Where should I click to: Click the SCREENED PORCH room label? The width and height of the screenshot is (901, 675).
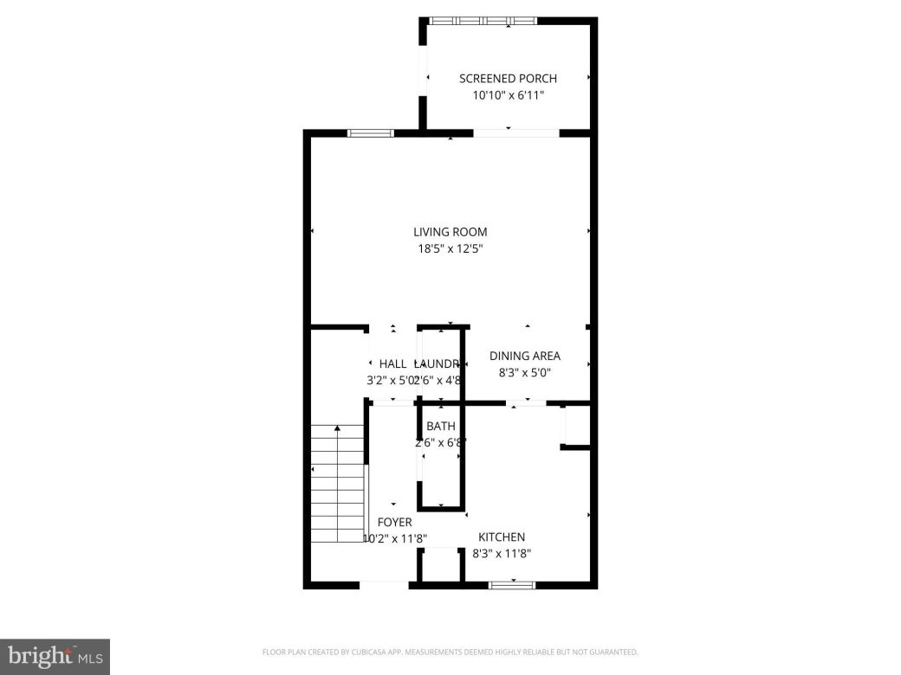point(508,79)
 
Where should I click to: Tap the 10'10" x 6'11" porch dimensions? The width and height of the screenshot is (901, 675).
point(508,96)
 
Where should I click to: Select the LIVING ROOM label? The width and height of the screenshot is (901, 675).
point(450,232)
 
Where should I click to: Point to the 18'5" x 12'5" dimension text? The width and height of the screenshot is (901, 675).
point(450,249)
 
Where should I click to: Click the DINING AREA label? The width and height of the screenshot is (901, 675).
point(525,356)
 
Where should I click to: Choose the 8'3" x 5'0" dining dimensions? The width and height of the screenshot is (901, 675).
point(525,373)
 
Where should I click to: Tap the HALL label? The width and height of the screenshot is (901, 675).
point(392,364)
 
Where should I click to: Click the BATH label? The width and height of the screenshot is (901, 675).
point(441,427)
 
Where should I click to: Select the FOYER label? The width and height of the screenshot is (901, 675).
point(394,523)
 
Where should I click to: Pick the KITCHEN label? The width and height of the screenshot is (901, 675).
point(502,537)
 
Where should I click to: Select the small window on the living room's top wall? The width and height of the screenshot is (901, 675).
point(371,133)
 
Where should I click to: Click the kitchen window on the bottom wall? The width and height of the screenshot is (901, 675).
point(513,586)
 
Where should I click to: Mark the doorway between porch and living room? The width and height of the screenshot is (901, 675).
point(516,133)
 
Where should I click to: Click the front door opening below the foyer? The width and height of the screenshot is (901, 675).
point(384,586)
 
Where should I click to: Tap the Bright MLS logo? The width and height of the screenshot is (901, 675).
point(54,656)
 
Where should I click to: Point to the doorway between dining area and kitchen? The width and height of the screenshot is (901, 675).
point(526,402)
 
